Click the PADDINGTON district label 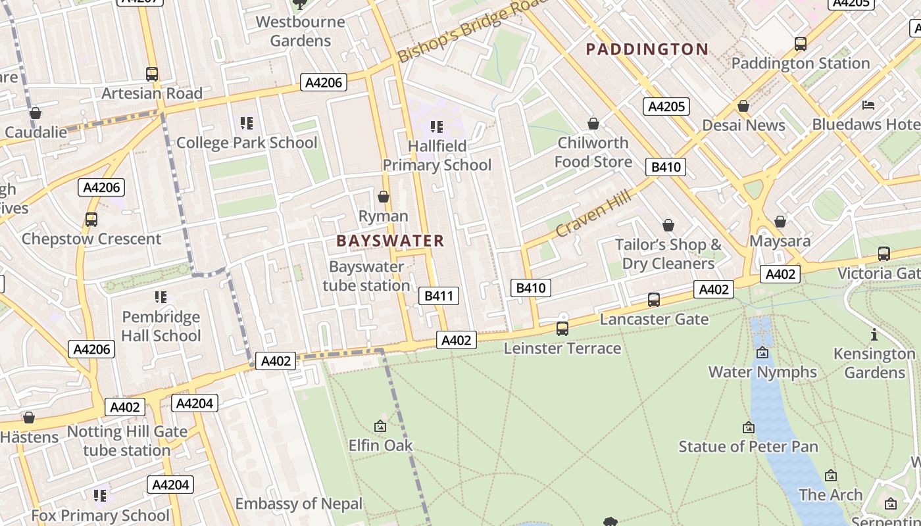point(647,49)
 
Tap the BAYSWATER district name point(390,241)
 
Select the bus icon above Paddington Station point(800,44)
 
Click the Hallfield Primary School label point(437,155)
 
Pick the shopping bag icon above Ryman point(384,197)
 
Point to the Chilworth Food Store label point(593,152)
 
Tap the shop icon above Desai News point(743,106)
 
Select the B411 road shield point(439,296)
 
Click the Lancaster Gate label point(654,320)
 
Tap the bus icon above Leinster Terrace point(562,328)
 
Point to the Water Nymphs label point(762,371)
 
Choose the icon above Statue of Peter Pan point(748,427)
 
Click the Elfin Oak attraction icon point(380,426)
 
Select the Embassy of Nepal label point(299,504)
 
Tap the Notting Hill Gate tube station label point(127,441)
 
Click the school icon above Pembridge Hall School point(161,297)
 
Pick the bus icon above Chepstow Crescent point(91,219)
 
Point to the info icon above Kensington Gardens point(874,335)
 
